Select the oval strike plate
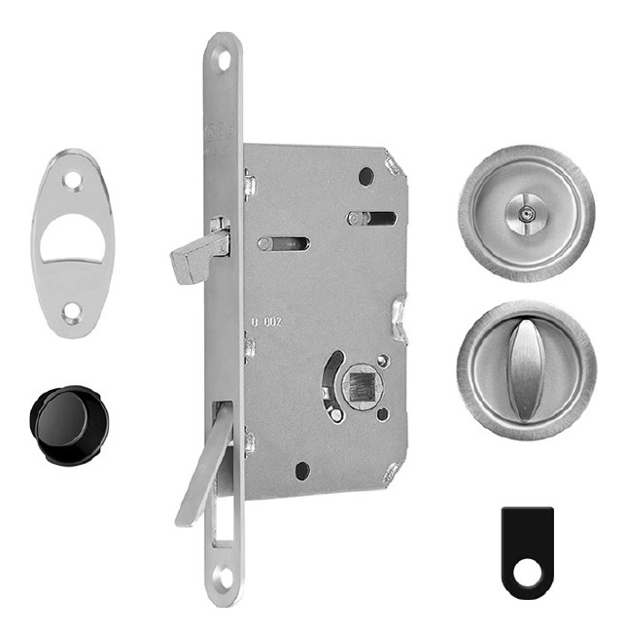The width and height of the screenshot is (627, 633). coord(72,243)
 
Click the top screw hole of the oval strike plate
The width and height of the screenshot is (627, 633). coord(73,179)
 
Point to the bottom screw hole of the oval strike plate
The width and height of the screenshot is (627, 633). coord(72,312)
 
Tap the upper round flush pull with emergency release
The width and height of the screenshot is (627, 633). coord(526,212)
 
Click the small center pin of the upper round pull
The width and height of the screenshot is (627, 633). coord(527,210)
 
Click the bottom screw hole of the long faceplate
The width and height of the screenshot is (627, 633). coord(224,576)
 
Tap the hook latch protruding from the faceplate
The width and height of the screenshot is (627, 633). coord(194,255)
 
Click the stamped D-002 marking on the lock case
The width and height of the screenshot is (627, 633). coord(266,321)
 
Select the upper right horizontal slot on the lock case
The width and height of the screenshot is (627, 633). coord(374,218)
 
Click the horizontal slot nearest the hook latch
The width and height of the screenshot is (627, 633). coord(284,243)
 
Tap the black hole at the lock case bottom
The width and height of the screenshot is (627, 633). coord(302,471)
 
